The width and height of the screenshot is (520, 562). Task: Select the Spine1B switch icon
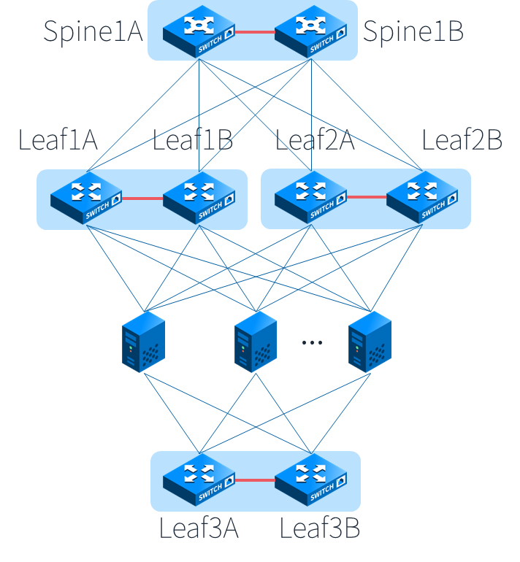(311, 31)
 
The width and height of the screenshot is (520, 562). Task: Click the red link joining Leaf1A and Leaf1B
(142, 198)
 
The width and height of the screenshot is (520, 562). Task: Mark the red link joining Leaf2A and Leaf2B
(366, 197)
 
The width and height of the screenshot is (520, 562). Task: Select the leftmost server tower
(143, 342)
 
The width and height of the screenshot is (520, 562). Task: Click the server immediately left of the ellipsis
(255, 342)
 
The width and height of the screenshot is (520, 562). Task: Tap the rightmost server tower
(369, 342)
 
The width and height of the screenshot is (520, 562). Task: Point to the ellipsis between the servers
(312, 342)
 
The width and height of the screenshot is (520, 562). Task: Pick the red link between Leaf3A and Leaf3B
(255, 480)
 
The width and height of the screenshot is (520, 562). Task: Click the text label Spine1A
(93, 32)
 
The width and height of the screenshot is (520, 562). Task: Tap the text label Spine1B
(413, 32)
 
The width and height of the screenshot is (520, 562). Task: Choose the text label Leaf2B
(462, 140)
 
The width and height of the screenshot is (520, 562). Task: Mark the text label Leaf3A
(199, 528)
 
